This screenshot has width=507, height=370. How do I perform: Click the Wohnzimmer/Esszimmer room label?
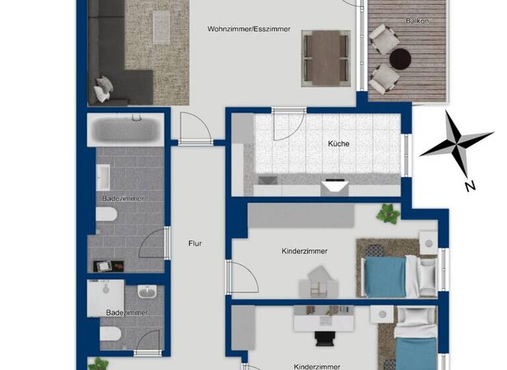click(x=249, y=29)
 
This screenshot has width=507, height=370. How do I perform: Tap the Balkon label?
click(x=417, y=21)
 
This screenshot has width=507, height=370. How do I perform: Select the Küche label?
click(x=339, y=143)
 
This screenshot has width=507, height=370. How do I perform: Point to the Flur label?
click(x=195, y=243)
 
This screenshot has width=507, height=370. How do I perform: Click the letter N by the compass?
click(x=470, y=186)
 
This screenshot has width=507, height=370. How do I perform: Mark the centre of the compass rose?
click(x=456, y=143)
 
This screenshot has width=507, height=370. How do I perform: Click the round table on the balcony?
click(x=400, y=59)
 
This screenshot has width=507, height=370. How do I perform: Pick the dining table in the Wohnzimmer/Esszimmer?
click(x=325, y=57)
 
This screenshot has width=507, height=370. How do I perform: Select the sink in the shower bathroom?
click(x=147, y=291)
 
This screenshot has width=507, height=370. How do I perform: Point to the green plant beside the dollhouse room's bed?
click(x=388, y=213)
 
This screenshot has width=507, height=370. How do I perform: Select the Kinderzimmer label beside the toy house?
click(x=304, y=251)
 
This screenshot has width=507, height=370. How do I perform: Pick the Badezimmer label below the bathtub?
click(x=123, y=198)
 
